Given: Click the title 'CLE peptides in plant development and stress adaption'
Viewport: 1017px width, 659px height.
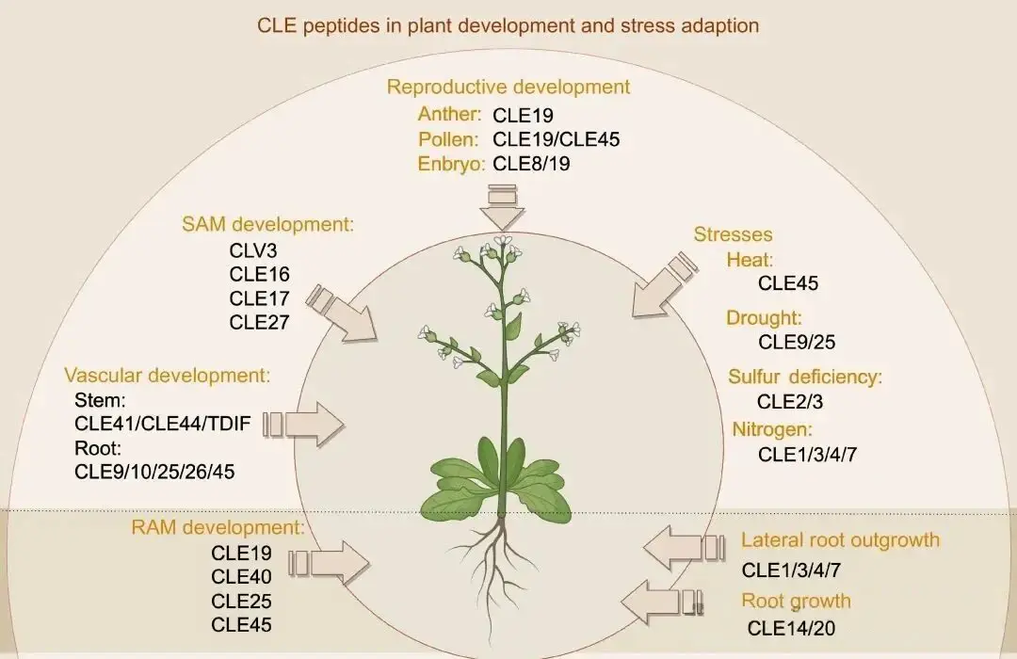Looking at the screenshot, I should click(508, 25).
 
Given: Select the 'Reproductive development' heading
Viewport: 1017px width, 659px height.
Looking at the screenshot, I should click(508, 87).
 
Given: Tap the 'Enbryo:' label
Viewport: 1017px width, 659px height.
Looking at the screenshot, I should click(451, 163).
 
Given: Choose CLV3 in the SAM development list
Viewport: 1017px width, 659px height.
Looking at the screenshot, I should click(253, 250).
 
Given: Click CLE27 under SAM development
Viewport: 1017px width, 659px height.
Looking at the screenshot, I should click(259, 322).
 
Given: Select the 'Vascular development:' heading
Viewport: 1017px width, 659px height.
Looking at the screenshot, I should click(168, 375).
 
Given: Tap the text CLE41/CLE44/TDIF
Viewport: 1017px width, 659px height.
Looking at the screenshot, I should click(163, 424).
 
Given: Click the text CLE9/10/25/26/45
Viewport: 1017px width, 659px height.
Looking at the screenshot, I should click(154, 472).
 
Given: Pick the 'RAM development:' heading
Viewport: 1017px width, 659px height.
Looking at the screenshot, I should click(218, 526).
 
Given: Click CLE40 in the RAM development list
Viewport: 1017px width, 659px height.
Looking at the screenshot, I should click(241, 576).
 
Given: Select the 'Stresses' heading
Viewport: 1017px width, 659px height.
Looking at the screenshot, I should click(733, 234).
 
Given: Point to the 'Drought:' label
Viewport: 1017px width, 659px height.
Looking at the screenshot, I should click(764, 317).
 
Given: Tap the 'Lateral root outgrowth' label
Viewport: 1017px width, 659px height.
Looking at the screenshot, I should click(840, 539).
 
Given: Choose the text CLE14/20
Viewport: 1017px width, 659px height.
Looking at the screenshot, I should click(790, 628).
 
